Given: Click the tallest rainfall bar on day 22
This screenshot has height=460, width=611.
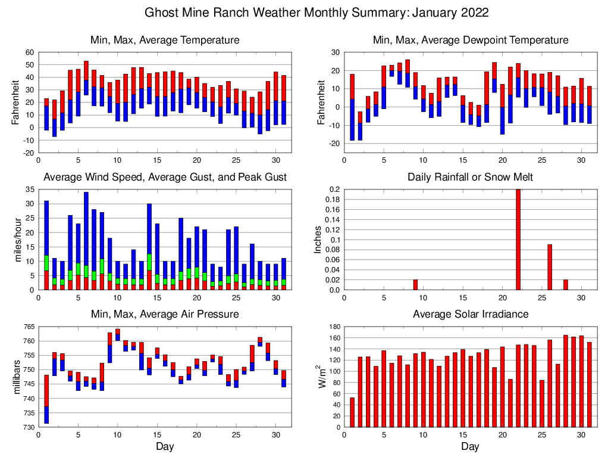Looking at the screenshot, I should click(518, 240).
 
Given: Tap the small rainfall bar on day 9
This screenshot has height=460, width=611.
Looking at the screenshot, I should click(415, 285).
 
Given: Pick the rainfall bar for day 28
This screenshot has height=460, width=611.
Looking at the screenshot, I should click(565, 285).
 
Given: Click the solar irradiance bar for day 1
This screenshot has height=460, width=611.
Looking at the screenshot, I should click(352, 412).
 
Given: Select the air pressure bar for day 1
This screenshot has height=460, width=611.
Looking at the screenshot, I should click(46, 399).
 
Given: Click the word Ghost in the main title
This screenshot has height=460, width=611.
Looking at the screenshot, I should click(162, 13).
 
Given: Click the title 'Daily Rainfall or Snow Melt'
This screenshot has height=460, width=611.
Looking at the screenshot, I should click(470, 177).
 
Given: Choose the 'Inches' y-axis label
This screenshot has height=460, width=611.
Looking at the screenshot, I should click(318, 240).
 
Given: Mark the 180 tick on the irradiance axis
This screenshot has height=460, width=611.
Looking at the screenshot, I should click(333, 327).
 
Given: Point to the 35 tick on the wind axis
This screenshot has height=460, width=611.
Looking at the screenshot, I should click(30, 190).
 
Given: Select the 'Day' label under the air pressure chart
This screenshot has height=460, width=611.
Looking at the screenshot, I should click(165, 446).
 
